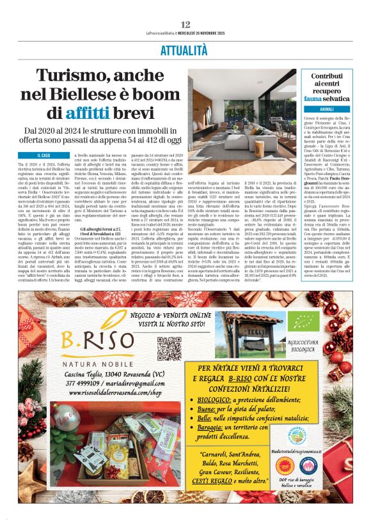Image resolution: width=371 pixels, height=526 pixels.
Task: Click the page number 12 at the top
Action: click(x=185, y=24)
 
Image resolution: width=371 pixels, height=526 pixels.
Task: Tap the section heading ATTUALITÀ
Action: click(x=185, y=49)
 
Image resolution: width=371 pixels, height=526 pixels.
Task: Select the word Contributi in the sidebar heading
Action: click(x=326, y=76)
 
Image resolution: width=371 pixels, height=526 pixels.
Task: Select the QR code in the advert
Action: click(x=169, y=346)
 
